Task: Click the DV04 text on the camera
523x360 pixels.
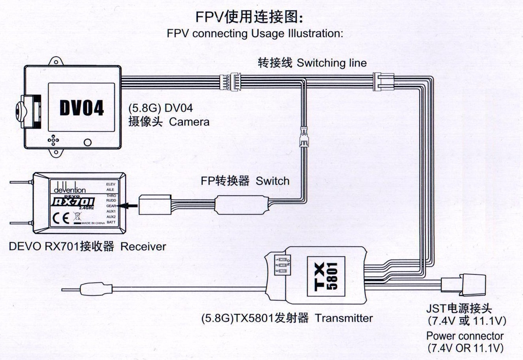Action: pos(82,108)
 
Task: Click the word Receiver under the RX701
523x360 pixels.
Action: pos(143,247)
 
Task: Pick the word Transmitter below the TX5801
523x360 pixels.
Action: pos(344,318)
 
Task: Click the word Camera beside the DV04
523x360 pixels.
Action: pos(189,122)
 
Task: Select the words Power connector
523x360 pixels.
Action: pos(465,336)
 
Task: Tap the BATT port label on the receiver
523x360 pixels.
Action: pos(111,223)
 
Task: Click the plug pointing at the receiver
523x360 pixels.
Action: pos(154,205)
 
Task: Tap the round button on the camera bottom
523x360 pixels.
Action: pos(87,142)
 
